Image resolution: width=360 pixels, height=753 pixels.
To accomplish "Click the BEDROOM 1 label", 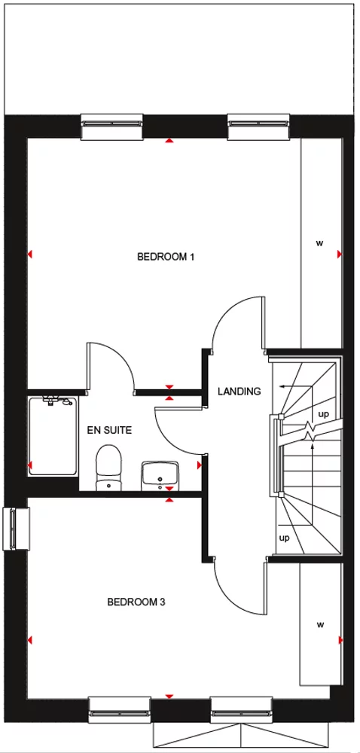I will pyautogui.click(x=166, y=257).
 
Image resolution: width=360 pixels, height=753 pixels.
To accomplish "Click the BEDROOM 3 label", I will pyautogui.click(x=136, y=602).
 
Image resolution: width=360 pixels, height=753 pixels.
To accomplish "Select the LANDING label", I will pyautogui.click(x=239, y=392).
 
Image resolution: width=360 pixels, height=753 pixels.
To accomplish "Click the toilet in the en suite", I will pyautogui.click(x=109, y=466).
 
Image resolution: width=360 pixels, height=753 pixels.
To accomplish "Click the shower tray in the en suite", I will pyautogui.click(x=52, y=436).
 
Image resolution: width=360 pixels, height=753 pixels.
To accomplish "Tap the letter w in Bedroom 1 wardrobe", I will pyautogui.click(x=319, y=243).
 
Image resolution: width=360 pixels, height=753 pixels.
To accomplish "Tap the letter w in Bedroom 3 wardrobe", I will pyautogui.click(x=319, y=624).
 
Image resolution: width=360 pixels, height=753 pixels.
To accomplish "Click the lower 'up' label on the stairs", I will pyautogui.click(x=285, y=538).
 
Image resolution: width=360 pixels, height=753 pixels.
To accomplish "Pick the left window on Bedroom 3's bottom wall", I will pyautogui.click(x=120, y=707).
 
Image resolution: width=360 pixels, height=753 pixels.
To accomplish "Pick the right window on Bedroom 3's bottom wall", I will pyautogui.click(x=241, y=707).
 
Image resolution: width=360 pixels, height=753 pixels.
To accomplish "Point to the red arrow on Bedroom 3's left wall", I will pyautogui.click(x=30, y=640).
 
